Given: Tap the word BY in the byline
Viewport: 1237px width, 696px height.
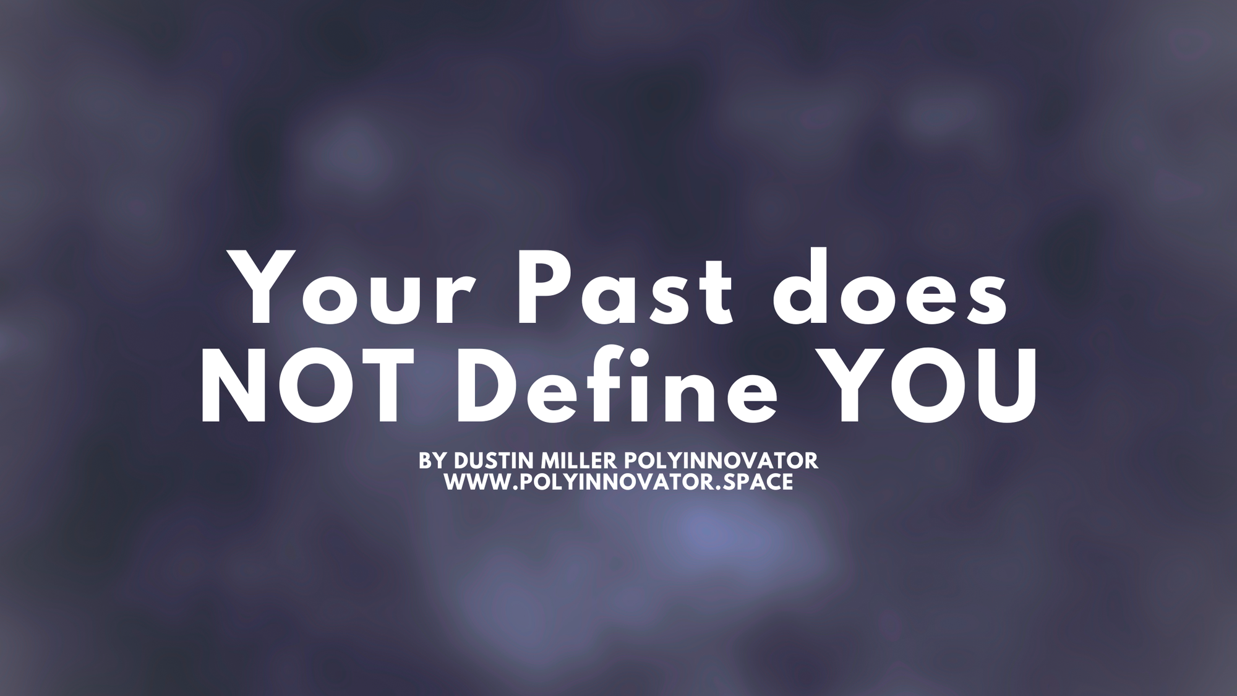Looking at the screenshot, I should click(x=432, y=461).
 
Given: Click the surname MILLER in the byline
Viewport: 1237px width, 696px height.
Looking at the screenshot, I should click(x=579, y=461).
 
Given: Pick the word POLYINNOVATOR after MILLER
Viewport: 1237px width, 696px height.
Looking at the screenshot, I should click(x=721, y=461).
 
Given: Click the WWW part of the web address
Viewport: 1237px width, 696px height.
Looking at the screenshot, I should click(x=477, y=482).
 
